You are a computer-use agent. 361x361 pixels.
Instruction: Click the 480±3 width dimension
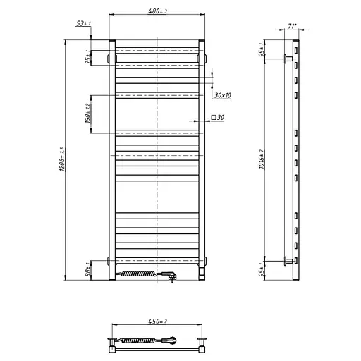[x=157, y=11]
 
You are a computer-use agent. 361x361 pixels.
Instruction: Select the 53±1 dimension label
[x=84, y=24]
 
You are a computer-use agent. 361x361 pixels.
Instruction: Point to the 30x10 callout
[x=222, y=94]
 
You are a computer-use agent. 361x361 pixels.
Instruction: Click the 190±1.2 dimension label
[x=88, y=114]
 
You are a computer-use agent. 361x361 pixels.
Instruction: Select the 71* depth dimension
[x=291, y=26]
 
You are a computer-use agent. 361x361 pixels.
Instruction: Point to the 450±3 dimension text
[x=157, y=323]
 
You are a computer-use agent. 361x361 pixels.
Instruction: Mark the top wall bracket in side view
[x=286, y=59]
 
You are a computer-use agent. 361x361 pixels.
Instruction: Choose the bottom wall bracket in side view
[x=286, y=262]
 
